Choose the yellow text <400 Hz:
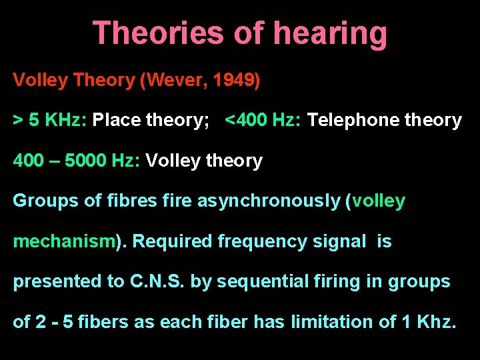point(264,121)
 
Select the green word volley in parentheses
point(378,201)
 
